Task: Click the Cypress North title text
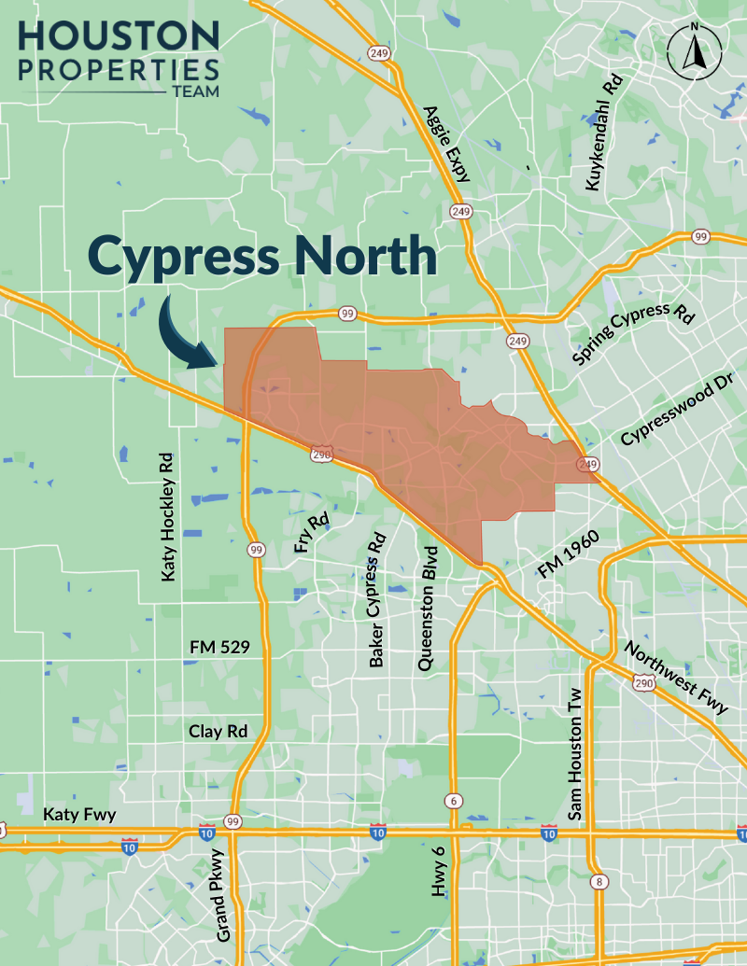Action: [262, 255]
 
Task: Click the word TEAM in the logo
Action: [195, 91]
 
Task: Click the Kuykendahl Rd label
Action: [602, 134]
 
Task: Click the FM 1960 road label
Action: [568, 557]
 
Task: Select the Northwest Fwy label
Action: [676, 678]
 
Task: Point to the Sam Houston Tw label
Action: [575, 754]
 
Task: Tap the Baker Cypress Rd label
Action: [376, 613]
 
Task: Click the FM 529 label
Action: [219, 646]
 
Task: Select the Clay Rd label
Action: [218, 731]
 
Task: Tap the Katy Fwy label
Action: [79, 815]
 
